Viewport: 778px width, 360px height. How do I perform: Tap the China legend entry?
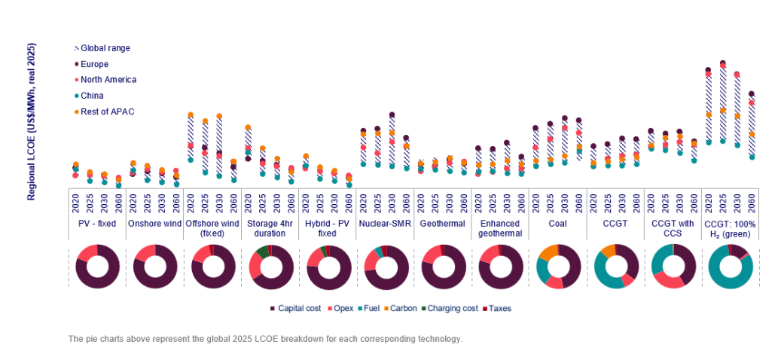(x=92, y=96)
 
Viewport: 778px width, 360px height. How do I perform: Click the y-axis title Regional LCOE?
(x=32, y=121)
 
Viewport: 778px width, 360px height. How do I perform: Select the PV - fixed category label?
(x=96, y=224)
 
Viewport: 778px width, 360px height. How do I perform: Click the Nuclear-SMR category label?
(x=384, y=224)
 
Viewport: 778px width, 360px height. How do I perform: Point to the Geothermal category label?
(x=441, y=224)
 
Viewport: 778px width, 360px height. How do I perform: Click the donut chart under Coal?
(x=558, y=267)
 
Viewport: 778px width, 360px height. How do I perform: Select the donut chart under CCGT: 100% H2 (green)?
(x=730, y=267)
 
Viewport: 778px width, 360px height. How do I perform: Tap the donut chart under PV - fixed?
(x=97, y=267)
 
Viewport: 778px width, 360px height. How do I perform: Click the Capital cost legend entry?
(x=298, y=309)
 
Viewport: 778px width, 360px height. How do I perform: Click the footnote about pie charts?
(x=264, y=339)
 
